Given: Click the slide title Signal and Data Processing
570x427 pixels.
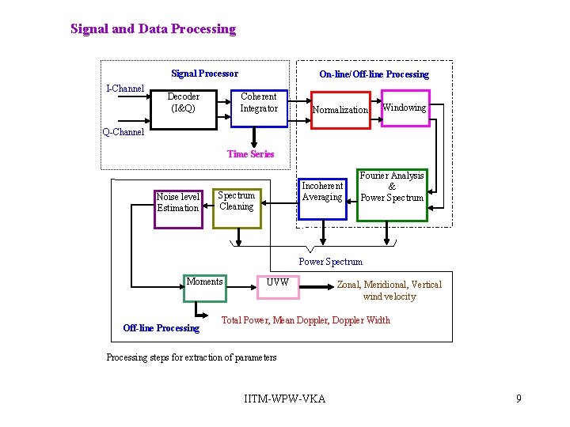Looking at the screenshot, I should point(153,29).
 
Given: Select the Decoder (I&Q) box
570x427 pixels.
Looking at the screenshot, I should point(183,103).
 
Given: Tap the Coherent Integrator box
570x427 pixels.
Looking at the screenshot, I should point(259,103).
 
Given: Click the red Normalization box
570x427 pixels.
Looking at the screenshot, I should point(340,109).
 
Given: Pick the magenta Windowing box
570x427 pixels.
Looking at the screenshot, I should point(405,108).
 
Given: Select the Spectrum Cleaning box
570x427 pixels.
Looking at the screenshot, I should point(237,206).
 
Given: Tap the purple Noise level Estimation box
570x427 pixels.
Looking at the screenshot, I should point(178,206).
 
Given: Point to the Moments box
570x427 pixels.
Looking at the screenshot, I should point(204,288).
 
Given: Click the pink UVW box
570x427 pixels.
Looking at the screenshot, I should point(278,286).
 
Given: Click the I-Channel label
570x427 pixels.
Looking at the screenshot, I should point(125,89).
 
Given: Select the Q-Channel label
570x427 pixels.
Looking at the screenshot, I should point(123,132).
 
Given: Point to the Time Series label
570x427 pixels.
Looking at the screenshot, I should point(250,154).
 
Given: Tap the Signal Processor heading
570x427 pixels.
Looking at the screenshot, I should point(204,74).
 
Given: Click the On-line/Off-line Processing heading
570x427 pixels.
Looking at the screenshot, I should point(374,74).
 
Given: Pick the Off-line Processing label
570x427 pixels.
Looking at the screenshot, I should point(161,328).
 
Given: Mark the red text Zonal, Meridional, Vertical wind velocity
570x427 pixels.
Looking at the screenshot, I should point(389,290).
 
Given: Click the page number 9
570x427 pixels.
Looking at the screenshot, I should point(519,399).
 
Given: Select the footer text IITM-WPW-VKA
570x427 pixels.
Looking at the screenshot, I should point(285,399).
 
